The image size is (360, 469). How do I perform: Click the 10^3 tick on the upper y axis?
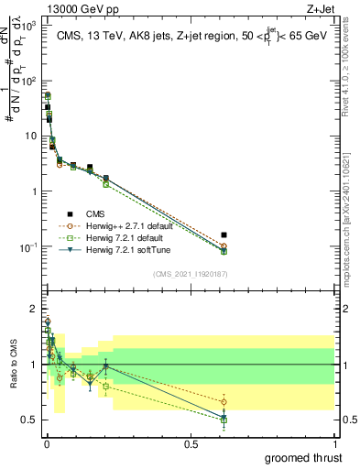pos(28,26)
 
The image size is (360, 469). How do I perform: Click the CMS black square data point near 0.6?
pos(224,235)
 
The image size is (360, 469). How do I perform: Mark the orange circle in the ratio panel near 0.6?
pos(224,402)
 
